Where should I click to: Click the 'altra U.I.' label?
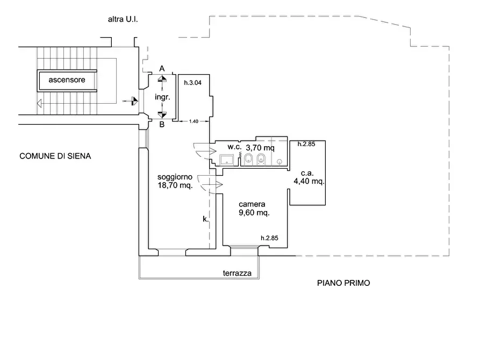click(x=123, y=19)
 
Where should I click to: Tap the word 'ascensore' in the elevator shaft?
click(x=67, y=80)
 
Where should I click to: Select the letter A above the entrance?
click(x=162, y=69)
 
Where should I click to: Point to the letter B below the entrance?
click(x=162, y=125)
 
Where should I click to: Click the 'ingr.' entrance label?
click(x=162, y=97)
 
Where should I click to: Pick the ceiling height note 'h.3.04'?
click(x=192, y=83)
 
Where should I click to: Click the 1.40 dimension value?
click(x=194, y=121)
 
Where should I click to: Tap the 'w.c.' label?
click(x=234, y=147)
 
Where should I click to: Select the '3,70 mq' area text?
click(x=260, y=148)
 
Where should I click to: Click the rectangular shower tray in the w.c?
click(x=226, y=160)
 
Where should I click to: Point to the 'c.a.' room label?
click(x=307, y=173)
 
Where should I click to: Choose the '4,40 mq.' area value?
click(x=309, y=181)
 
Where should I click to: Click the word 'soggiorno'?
click(x=175, y=177)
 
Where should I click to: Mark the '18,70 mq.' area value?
click(x=175, y=185)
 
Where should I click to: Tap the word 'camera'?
click(x=252, y=204)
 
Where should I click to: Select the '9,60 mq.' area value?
click(x=254, y=212)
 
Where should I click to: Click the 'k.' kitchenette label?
click(x=206, y=219)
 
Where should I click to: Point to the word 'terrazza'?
click(x=237, y=273)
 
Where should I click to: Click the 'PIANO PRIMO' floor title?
click(x=343, y=283)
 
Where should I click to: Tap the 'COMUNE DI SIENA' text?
click(x=55, y=156)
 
